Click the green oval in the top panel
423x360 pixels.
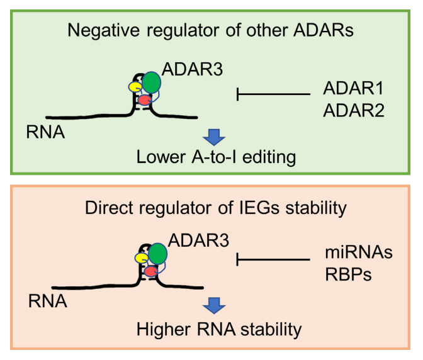pos(152,82)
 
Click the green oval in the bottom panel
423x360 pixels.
pos(158,253)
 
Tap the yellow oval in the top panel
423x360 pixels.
pos(135,86)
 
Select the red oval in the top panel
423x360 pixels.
pos(145,99)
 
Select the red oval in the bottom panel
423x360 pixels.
pos(151,271)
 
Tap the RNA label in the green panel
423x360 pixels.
pos(45,133)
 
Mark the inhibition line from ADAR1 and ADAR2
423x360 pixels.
pos(274,95)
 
